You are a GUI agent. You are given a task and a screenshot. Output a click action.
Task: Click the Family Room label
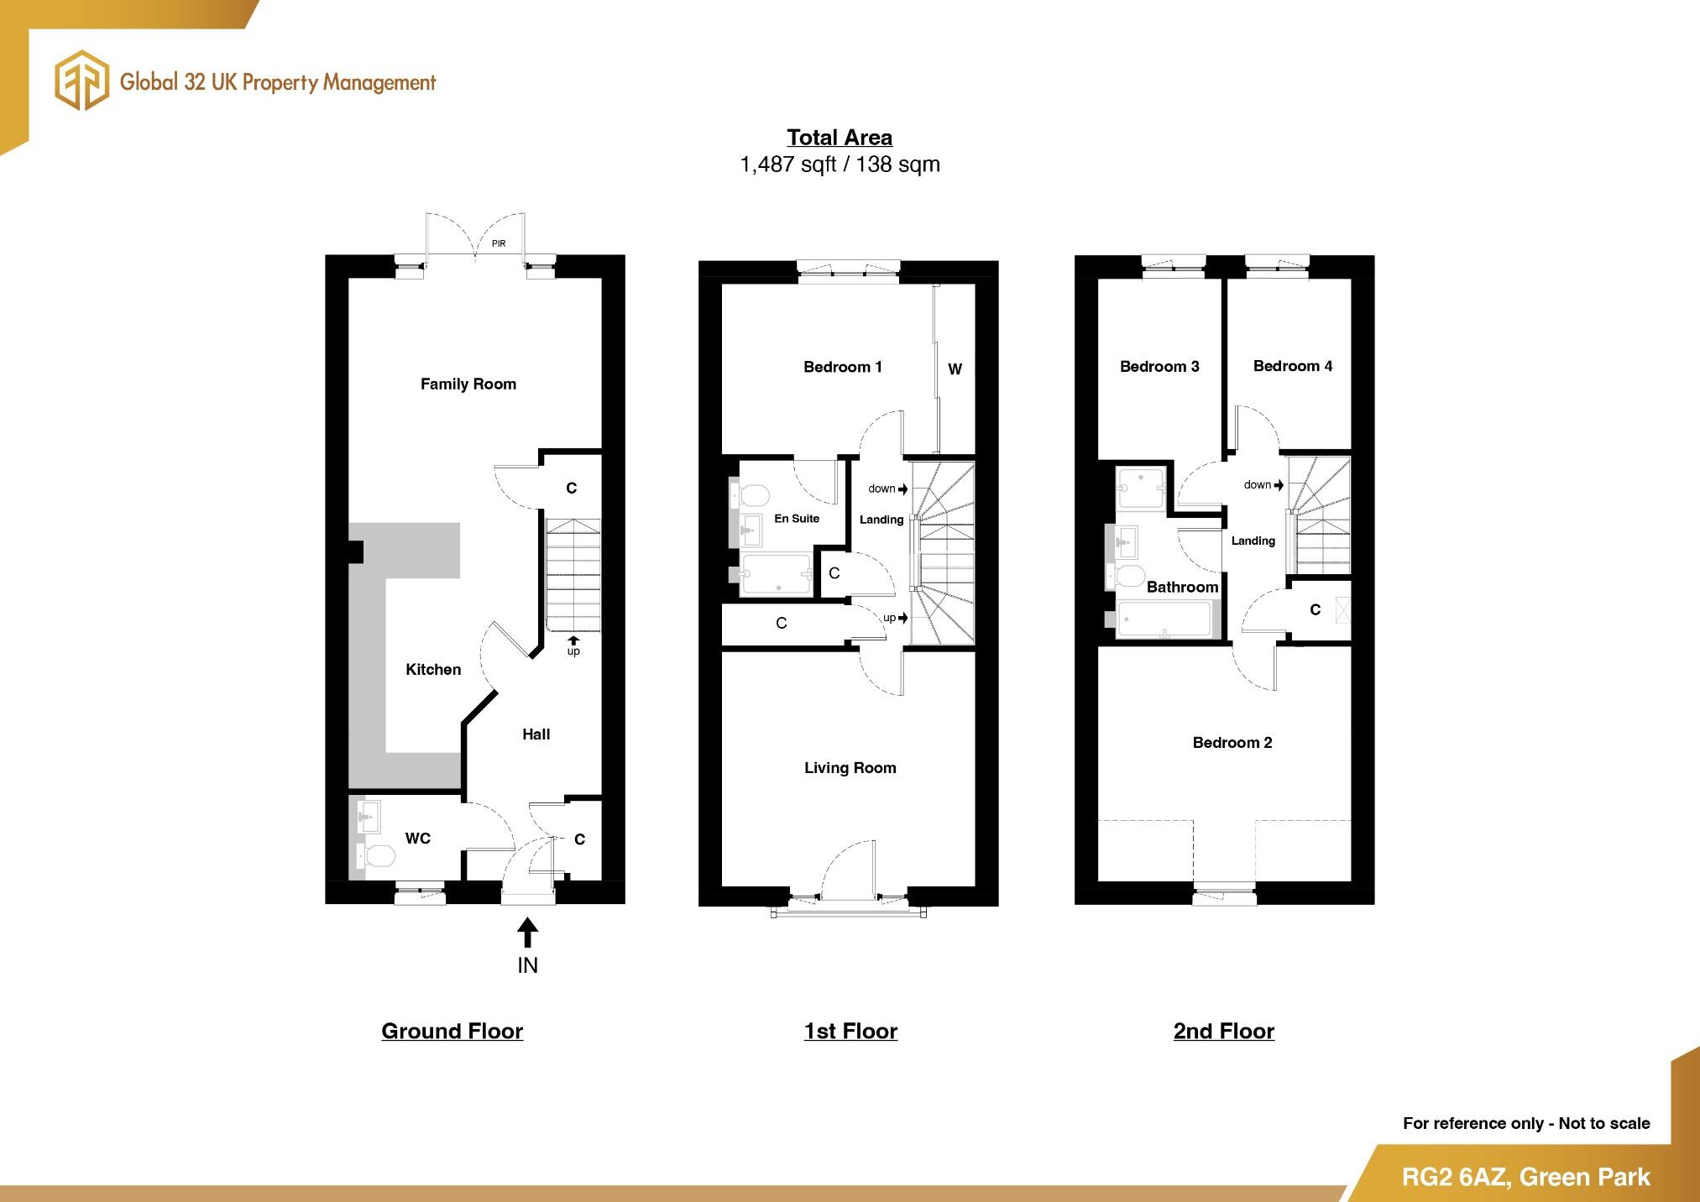(x=468, y=384)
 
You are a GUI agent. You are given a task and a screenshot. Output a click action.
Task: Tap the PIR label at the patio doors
(x=499, y=243)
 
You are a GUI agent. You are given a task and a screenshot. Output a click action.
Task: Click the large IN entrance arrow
(x=527, y=934)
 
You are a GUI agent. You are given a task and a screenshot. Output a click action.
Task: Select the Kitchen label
(x=433, y=669)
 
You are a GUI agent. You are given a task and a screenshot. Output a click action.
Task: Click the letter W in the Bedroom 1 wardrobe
(x=955, y=369)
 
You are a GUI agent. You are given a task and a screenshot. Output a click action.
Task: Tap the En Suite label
(x=796, y=519)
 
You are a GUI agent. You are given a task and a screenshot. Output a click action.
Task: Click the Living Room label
(x=850, y=767)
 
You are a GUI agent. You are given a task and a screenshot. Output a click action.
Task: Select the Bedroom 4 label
(x=1292, y=366)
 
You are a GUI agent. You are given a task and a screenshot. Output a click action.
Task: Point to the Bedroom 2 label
(x=1232, y=742)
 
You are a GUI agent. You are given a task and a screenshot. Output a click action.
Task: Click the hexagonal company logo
(x=81, y=81)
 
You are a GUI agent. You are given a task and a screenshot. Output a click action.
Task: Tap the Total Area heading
(x=839, y=138)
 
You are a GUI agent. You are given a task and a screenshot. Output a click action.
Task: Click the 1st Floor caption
(x=850, y=1031)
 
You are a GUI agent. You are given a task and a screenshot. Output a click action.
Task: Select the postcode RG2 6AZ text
(x=1455, y=1177)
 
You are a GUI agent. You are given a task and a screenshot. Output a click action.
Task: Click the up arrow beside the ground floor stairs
(x=573, y=641)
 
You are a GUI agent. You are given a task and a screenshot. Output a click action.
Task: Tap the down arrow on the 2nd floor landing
(x=1279, y=485)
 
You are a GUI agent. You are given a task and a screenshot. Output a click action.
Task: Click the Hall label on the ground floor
(x=536, y=734)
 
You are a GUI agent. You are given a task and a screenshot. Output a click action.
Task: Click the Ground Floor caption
(x=452, y=1031)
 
